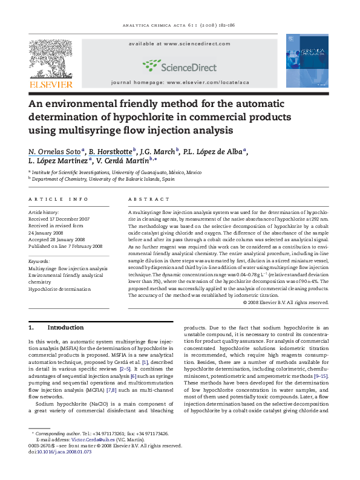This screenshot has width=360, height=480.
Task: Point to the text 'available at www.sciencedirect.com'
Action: coord(180,44)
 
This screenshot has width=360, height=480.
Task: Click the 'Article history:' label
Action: coord(44,213)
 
